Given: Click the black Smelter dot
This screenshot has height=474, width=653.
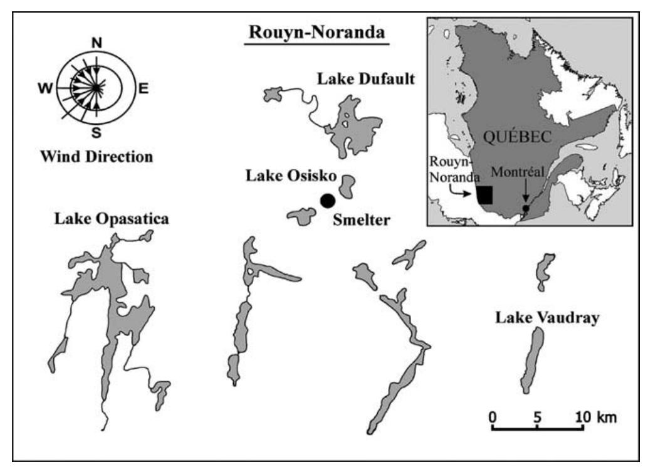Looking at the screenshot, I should point(327,201).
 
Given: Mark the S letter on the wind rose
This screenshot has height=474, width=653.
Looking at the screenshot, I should point(97,132).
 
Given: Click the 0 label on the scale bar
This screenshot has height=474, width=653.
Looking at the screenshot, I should point(493,416).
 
